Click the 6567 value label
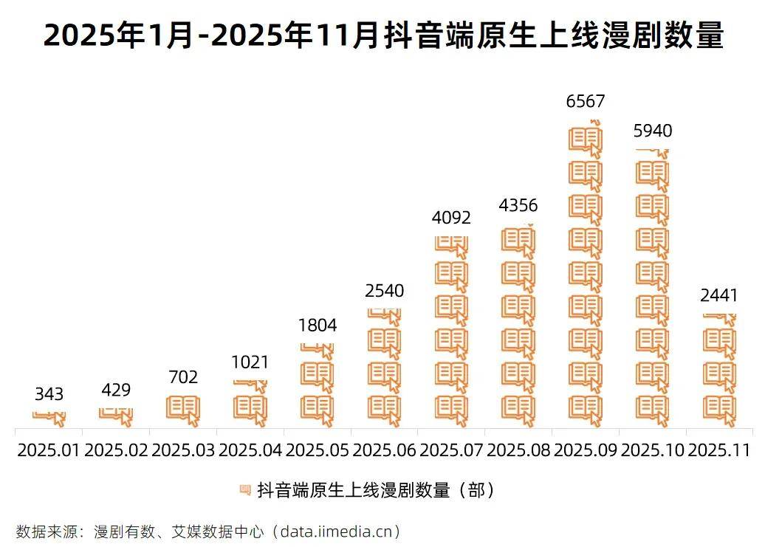click(x=586, y=101)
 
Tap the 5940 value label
click(x=653, y=131)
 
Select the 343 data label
click(x=49, y=394)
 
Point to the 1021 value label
click(x=250, y=362)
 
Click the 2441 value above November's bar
click(x=719, y=296)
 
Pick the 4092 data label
click(x=451, y=218)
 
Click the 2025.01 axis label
click(x=49, y=450)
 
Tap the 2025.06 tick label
click(x=384, y=450)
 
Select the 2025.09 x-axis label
click(x=585, y=450)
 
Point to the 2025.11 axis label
click(x=719, y=450)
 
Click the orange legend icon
click(x=245, y=489)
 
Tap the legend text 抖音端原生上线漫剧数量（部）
click(x=375, y=490)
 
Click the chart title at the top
click(x=382, y=35)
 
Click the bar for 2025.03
click(x=183, y=411)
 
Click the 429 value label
click(x=116, y=390)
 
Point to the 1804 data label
click(x=318, y=326)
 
